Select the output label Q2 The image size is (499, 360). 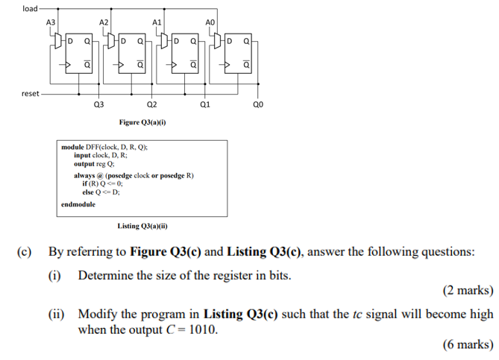(152, 107)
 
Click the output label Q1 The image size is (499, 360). (205, 107)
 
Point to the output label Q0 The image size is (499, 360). (258, 107)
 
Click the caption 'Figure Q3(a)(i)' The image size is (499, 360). (142, 121)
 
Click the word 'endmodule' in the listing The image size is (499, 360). (78, 203)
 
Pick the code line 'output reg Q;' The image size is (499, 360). (94, 162)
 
